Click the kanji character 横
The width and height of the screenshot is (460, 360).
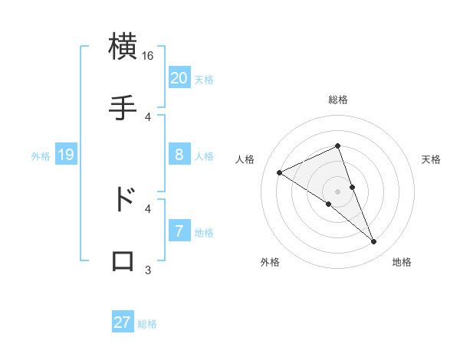tap(123, 47)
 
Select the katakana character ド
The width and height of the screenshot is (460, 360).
tap(123, 198)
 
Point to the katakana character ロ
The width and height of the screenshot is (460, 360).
tap(123, 260)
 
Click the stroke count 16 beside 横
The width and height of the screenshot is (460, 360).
tap(148, 56)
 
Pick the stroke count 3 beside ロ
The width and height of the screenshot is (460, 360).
tap(148, 270)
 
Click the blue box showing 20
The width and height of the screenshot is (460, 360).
tap(179, 78)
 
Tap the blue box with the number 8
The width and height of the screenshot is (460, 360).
tap(179, 155)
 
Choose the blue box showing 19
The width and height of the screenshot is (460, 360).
tap(66, 155)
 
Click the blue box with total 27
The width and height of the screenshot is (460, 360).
tap(123, 322)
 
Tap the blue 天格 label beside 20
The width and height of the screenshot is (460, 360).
tap(204, 79)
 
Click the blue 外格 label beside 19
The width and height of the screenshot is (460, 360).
tap(41, 155)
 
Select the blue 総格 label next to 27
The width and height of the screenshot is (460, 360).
tap(147, 323)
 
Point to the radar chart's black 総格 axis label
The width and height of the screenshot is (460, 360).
tap(338, 100)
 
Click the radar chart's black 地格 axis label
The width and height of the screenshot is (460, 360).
tap(402, 262)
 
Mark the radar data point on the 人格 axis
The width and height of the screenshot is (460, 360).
tap(280, 172)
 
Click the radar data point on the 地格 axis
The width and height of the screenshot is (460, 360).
tap(374, 242)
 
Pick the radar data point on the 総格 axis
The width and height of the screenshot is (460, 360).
tap(338, 146)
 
